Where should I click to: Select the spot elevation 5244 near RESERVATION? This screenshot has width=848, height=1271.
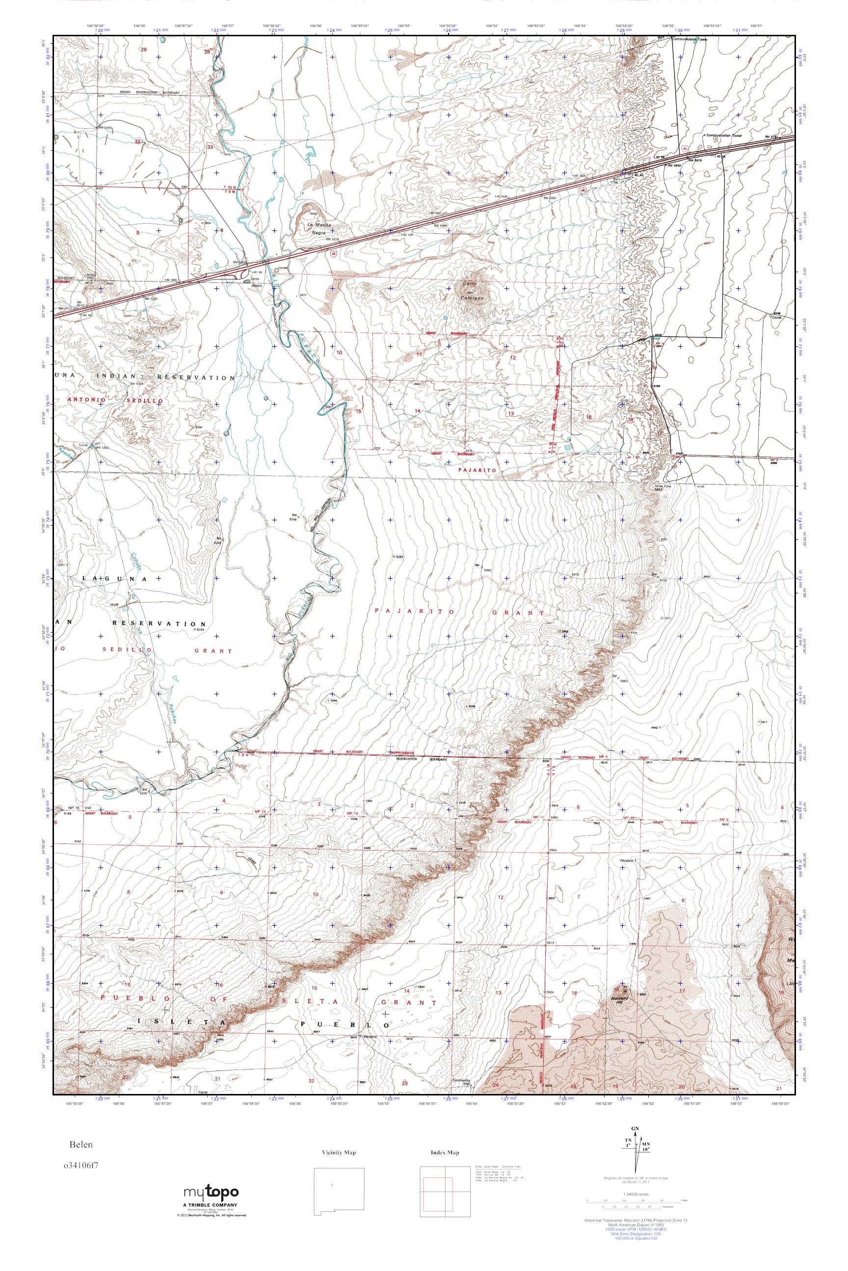coord(184,630)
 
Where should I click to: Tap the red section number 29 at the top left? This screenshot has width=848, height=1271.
coord(143,50)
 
